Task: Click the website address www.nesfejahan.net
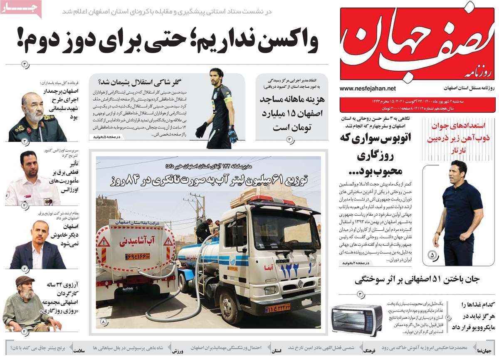(x=368, y=89)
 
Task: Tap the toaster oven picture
(x=356, y=320)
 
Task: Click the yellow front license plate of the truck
(x=283, y=308)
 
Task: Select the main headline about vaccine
(x=166, y=42)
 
